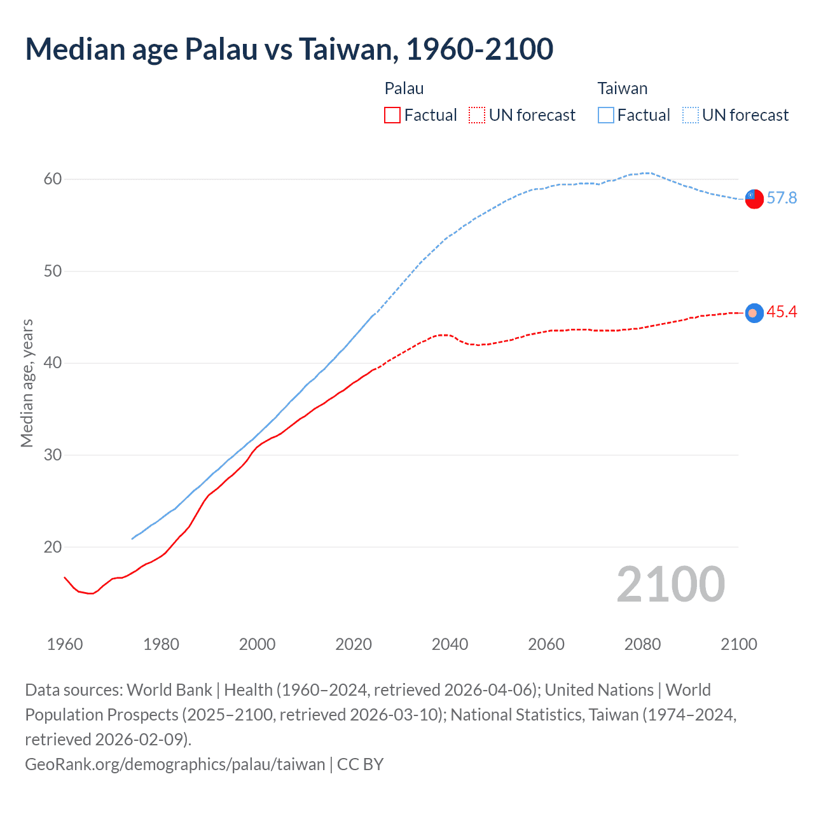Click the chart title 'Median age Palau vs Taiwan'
point(289,49)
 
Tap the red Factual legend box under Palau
point(392,115)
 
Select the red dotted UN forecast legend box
point(477,115)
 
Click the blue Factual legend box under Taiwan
point(606,115)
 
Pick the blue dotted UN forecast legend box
point(691,115)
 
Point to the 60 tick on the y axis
point(53,179)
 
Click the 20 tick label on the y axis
point(53,547)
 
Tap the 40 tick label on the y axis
point(53,363)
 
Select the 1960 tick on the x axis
point(65,644)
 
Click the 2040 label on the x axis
point(450,644)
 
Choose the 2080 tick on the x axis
point(642,644)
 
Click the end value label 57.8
point(782,198)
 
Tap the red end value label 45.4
point(782,312)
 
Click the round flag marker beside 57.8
point(754,199)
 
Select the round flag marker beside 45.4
point(754,313)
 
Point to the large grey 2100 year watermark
point(670,584)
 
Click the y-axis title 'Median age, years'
point(27,383)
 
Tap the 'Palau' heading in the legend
point(404,88)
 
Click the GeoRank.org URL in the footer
point(175,764)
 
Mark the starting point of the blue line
point(132,539)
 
